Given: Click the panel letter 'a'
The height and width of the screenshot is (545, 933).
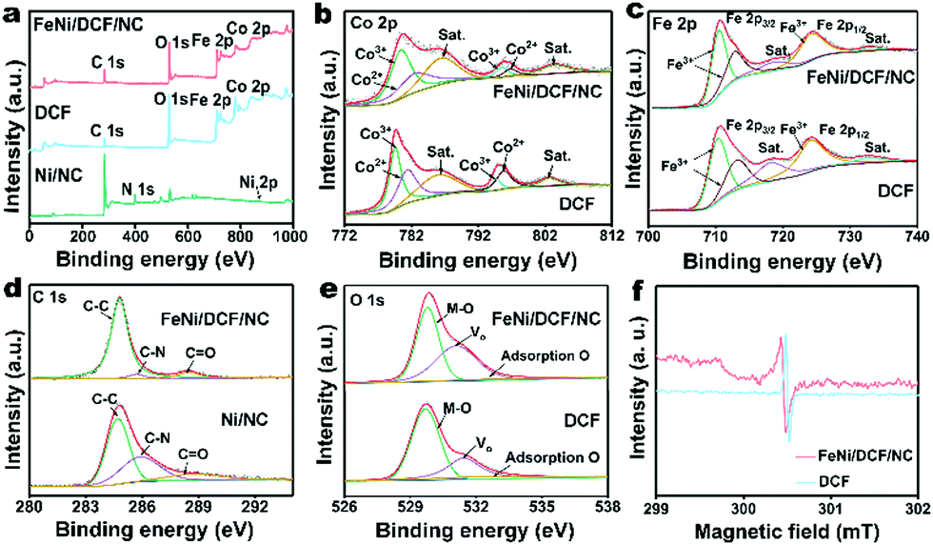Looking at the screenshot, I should [x=13, y=13].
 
